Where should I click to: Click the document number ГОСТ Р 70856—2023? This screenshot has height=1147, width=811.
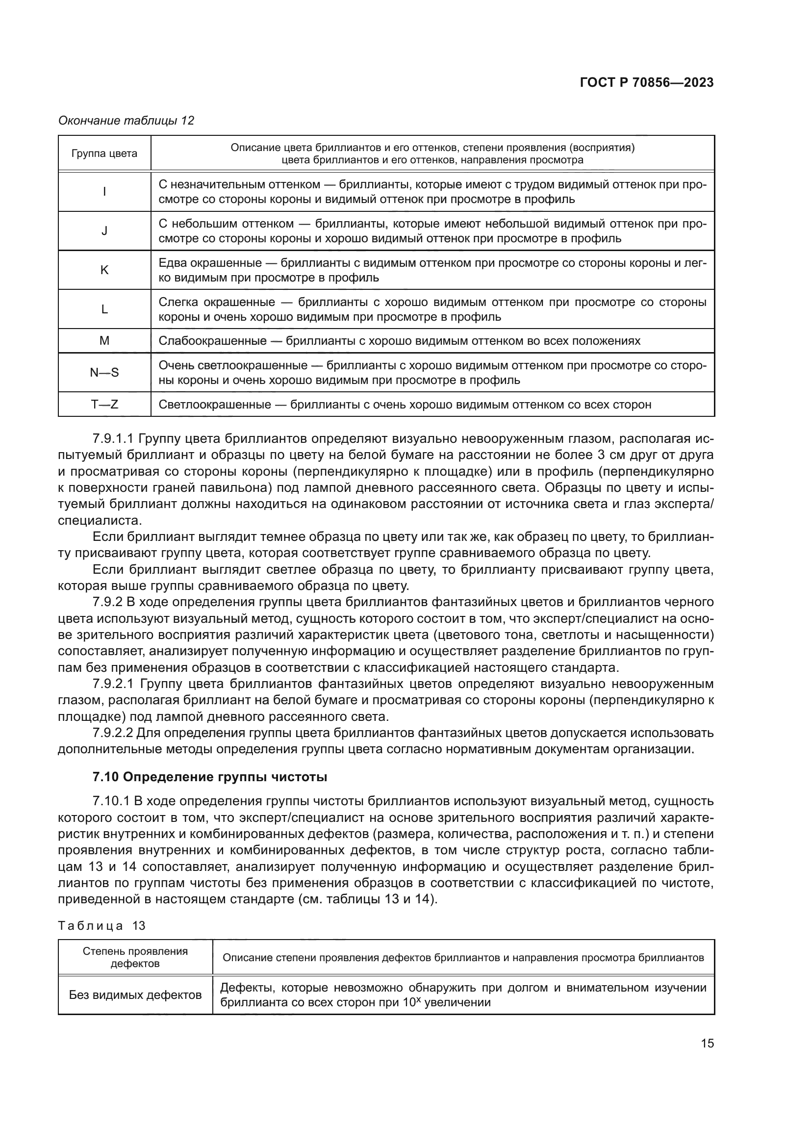point(646,83)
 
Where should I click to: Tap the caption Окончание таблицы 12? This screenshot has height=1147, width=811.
point(126,121)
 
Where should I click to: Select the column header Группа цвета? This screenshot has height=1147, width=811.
point(104,153)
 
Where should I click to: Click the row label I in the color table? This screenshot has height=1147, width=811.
point(104,192)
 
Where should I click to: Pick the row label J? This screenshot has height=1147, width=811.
point(104,231)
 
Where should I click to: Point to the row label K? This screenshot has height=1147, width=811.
point(104,270)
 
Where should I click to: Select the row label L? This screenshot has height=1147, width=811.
point(104,309)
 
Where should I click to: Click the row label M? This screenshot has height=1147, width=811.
point(104,341)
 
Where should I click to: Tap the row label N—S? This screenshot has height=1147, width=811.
point(104,372)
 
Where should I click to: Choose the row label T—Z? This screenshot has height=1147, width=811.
point(104,404)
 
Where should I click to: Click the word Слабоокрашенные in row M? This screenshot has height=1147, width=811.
point(212,341)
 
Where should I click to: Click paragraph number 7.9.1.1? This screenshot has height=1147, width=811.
point(113,439)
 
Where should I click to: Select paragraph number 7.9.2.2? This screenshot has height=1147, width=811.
point(113,733)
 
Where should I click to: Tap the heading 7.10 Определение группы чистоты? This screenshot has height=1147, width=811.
point(210,777)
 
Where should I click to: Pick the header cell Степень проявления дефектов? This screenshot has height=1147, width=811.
point(135,957)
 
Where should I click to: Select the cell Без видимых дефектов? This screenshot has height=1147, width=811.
point(135,994)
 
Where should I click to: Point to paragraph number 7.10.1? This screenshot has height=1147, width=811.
point(111,801)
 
